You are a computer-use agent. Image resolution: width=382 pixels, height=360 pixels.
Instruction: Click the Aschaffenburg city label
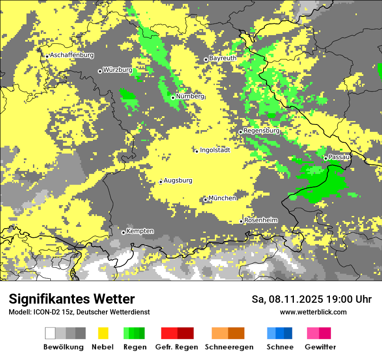[72, 55]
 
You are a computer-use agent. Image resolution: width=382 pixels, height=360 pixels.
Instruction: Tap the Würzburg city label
[118, 70]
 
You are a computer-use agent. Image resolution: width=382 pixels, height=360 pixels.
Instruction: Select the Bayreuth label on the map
[223, 58]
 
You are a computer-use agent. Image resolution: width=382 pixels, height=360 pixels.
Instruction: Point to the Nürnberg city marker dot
[173, 98]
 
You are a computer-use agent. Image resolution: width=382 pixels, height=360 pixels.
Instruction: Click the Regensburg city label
[261, 131]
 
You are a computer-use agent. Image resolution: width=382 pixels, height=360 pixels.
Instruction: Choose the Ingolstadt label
[215, 150]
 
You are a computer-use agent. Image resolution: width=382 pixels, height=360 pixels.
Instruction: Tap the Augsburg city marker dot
[161, 182]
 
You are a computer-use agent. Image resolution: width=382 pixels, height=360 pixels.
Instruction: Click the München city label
[222, 198]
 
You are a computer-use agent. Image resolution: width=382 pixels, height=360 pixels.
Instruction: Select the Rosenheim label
[261, 220]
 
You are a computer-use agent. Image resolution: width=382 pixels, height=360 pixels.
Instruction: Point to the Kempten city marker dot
[123, 232]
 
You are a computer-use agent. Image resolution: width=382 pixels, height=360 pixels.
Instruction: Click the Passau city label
[339, 157]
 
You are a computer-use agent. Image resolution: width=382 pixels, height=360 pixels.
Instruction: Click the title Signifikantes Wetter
[72, 299]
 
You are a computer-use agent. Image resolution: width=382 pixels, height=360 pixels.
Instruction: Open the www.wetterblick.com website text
[313, 312]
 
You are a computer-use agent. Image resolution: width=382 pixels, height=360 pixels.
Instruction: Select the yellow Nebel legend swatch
[103, 333]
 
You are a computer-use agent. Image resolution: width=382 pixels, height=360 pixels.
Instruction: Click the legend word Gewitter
[320, 347]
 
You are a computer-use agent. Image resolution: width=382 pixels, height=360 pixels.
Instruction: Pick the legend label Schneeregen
[229, 347]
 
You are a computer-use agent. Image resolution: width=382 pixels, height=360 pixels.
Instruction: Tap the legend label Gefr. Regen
[177, 347]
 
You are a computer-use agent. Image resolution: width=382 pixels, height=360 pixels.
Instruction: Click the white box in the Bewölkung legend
[50, 333]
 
